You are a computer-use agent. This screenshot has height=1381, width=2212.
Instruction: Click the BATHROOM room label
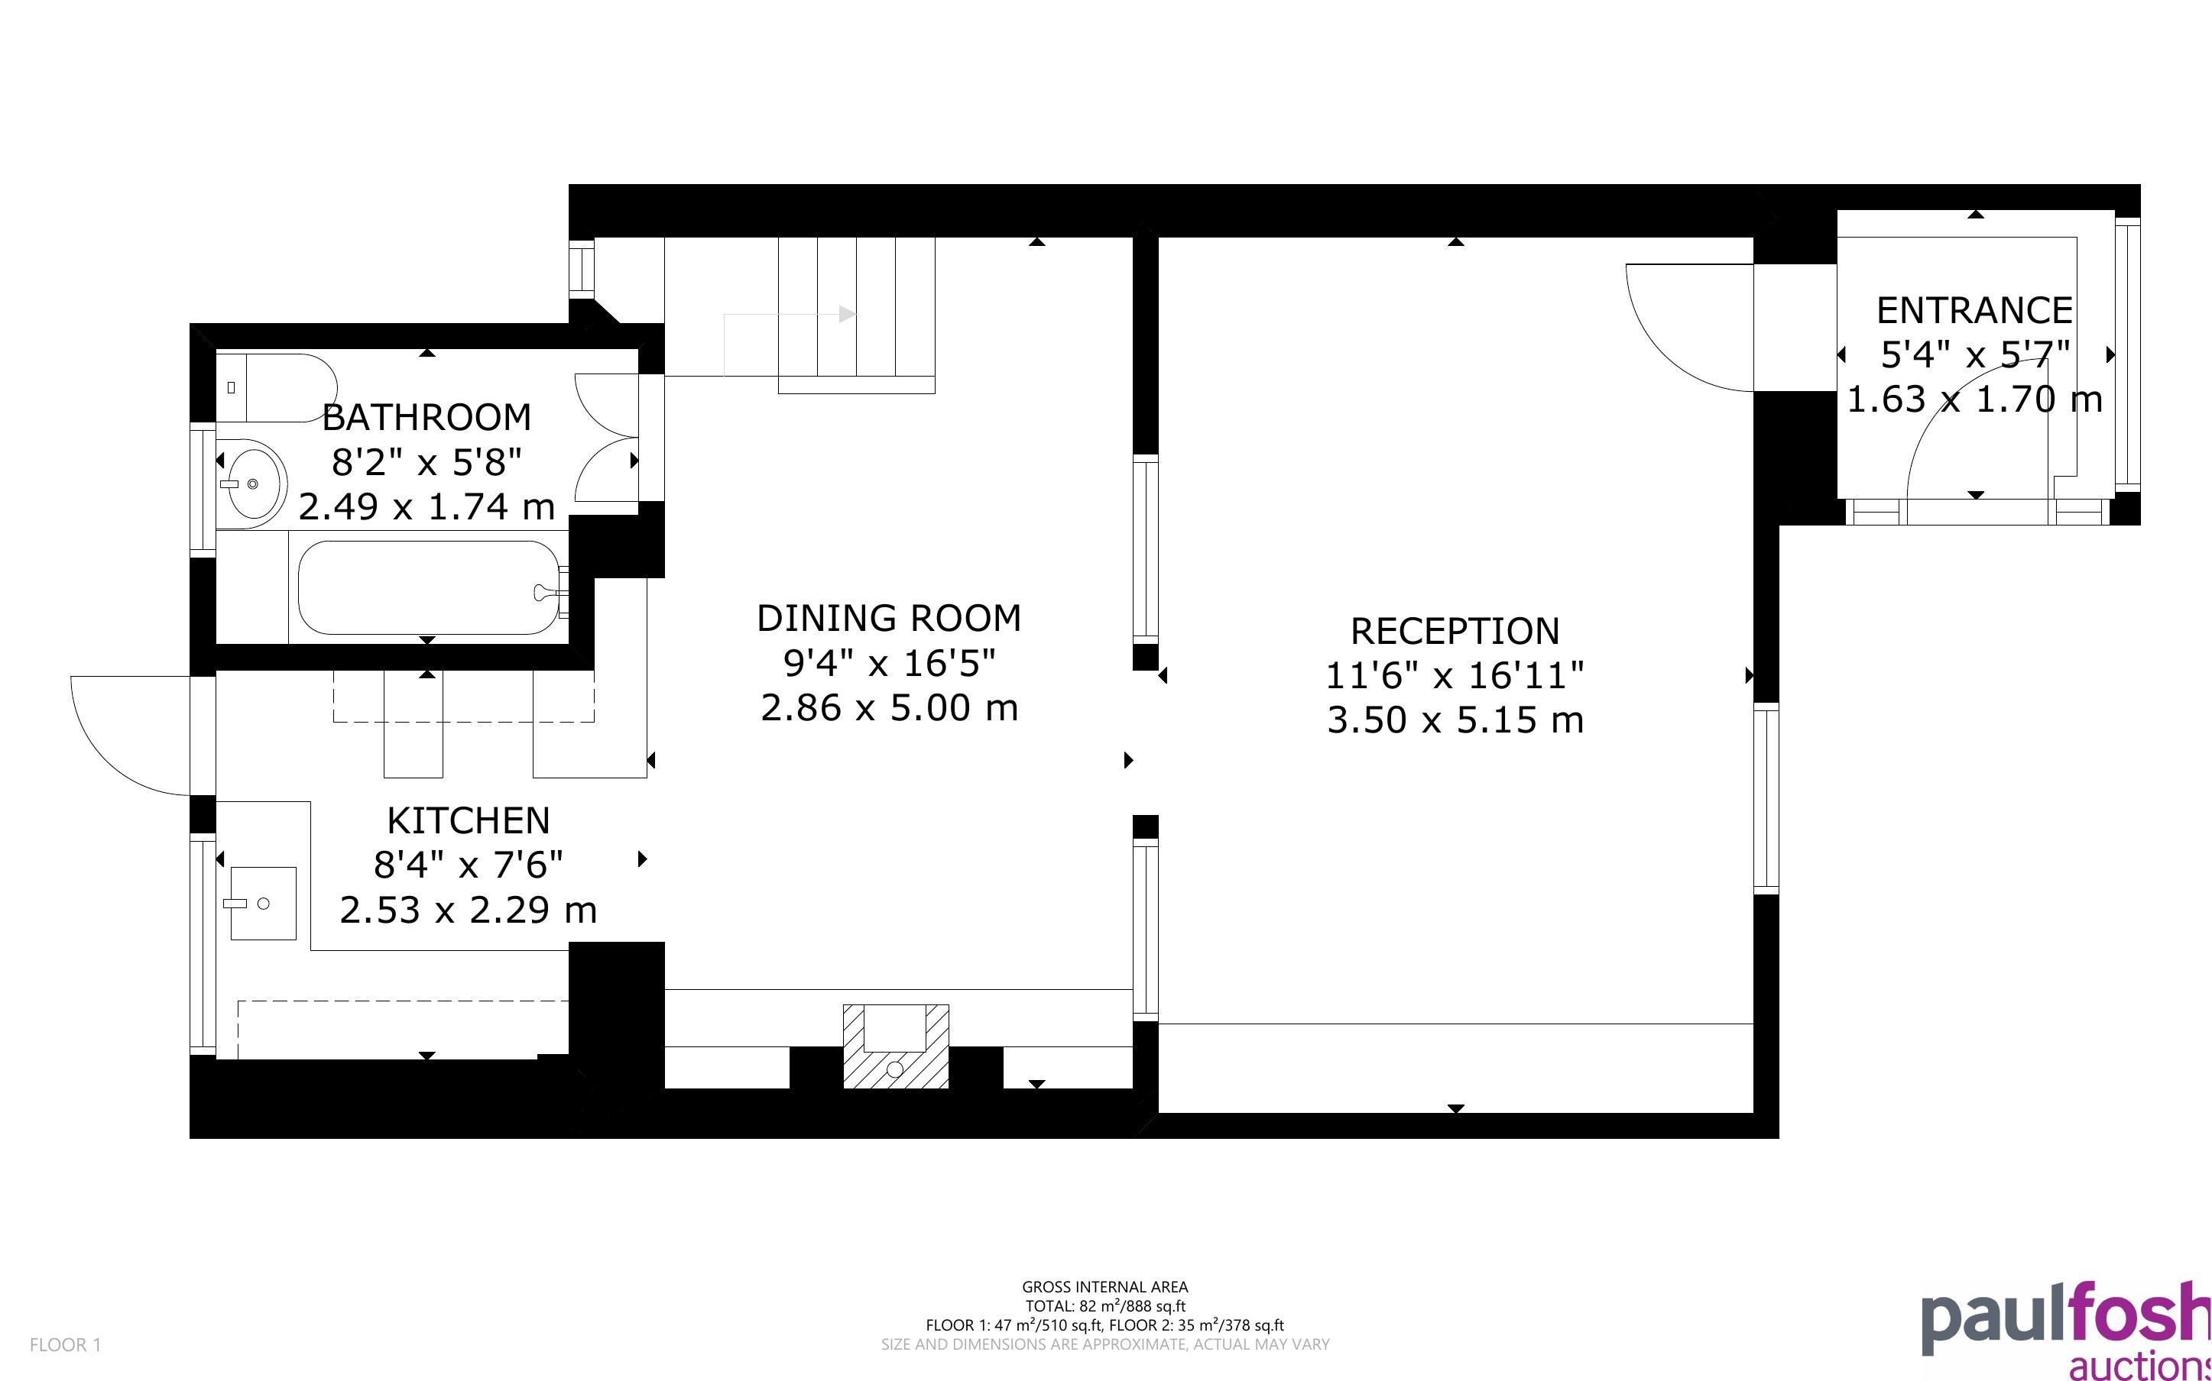(x=427, y=417)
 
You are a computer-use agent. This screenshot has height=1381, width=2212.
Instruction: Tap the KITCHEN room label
(x=469, y=821)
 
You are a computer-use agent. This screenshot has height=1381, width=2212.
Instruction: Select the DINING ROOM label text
(x=889, y=619)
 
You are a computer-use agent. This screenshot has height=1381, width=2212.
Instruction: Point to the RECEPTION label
(x=1455, y=631)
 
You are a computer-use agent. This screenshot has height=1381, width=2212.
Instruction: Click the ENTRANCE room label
(x=1974, y=311)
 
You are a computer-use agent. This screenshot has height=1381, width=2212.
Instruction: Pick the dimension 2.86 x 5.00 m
(x=889, y=708)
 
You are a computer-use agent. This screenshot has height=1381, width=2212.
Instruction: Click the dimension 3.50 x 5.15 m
(x=1455, y=720)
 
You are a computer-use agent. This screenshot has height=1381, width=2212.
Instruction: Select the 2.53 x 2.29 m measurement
(x=469, y=910)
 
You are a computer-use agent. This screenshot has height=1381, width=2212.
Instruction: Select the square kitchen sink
(x=262, y=904)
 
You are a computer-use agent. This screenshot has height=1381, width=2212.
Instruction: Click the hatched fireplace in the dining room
(x=895, y=1046)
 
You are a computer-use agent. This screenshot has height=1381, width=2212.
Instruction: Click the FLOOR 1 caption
(x=66, y=1344)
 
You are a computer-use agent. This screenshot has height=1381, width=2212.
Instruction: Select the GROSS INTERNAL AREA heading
(x=1104, y=1288)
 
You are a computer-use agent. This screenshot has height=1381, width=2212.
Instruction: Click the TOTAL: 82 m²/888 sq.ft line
(x=1104, y=1307)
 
